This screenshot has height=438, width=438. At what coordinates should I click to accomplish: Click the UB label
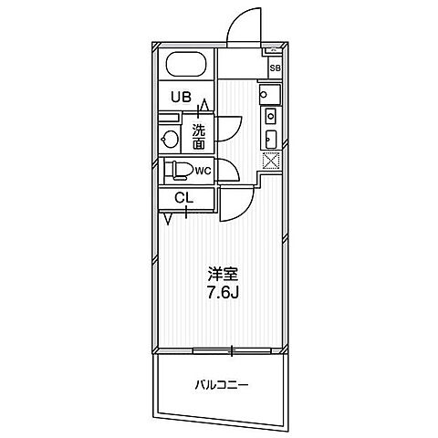181,97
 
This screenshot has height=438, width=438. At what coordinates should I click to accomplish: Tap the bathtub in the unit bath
186,65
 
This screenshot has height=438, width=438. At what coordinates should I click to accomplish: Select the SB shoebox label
275,68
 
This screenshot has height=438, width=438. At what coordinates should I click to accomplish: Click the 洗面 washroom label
198,137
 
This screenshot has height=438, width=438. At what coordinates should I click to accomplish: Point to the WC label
203,172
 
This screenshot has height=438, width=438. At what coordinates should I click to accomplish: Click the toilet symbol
179,171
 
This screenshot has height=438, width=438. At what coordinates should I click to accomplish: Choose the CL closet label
183,199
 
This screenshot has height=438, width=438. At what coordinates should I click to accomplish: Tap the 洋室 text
223,275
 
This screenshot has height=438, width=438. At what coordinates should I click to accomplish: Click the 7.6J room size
223,293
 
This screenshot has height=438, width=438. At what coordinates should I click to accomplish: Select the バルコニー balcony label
222,386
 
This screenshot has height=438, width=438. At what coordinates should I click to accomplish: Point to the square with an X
271,160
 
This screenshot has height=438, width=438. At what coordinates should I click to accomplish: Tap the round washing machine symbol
170,140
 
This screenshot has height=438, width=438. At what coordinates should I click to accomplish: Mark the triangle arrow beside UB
204,105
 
